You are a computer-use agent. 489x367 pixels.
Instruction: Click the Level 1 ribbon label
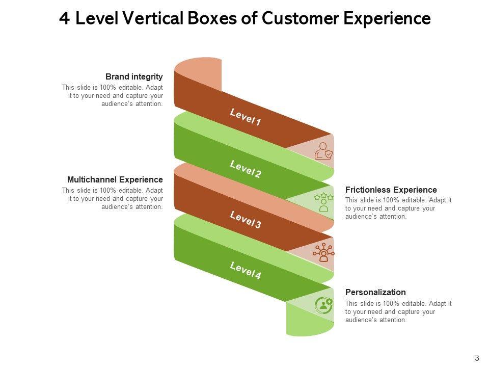click(x=245, y=117)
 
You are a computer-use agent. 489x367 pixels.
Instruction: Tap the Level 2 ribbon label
click(x=245, y=169)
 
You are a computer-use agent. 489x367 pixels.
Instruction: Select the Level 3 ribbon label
click(x=245, y=220)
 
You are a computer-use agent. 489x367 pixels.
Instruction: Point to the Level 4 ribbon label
click(x=245, y=270)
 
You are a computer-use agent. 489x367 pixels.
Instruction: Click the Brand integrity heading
click(x=134, y=77)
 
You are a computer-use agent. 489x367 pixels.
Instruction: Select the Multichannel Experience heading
click(x=115, y=180)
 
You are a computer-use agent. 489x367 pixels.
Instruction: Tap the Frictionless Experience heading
click(x=391, y=190)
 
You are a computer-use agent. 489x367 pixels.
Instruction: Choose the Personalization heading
click(x=375, y=292)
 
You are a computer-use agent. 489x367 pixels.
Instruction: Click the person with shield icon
click(x=323, y=151)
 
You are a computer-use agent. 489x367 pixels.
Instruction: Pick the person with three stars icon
click(x=324, y=202)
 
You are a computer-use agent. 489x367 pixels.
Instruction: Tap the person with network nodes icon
click(x=324, y=252)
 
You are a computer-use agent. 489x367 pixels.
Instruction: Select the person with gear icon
click(x=324, y=305)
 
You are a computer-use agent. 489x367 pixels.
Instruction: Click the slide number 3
click(x=477, y=358)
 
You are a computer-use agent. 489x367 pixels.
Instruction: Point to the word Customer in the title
click(x=300, y=18)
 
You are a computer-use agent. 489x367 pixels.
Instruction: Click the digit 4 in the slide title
click(x=64, y=18)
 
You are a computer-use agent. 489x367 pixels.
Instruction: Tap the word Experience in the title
click(x=387, y=19)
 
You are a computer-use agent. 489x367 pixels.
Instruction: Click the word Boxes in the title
click(x=212, y=18)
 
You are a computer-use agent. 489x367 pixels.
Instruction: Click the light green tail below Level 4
click(x=310, y=320)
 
